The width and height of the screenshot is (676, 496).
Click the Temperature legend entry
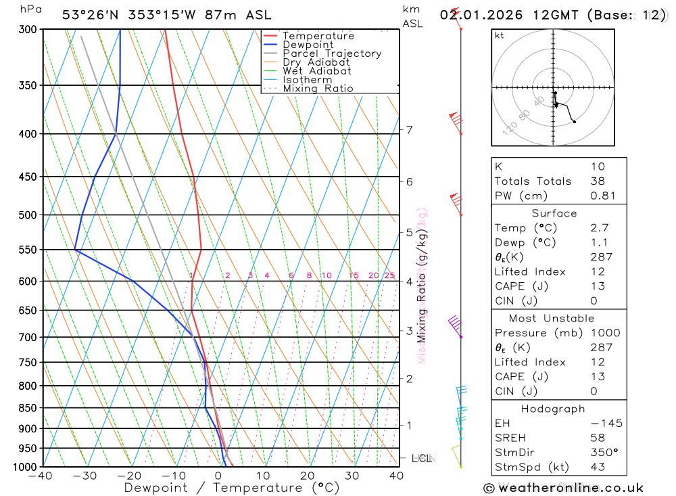coord(318,36)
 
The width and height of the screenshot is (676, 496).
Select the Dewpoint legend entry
coord(308,45)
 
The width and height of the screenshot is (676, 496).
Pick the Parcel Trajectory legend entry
coord(331,53)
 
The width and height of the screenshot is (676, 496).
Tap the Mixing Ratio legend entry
coord(318,89)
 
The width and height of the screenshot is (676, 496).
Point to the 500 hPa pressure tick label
coord(27,215)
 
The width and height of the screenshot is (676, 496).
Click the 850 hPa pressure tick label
coord(27,408)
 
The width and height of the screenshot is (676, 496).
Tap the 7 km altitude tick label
coord(410,129)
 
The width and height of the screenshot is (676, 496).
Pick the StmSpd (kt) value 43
coord(598,467)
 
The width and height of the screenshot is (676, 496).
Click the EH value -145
coord(606,424)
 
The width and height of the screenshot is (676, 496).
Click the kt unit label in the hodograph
coord(500,35)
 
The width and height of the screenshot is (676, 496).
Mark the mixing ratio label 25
coord(389,275)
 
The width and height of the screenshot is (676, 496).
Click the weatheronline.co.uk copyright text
coord(563,487)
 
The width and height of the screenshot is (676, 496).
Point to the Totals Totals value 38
coord(598,181)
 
